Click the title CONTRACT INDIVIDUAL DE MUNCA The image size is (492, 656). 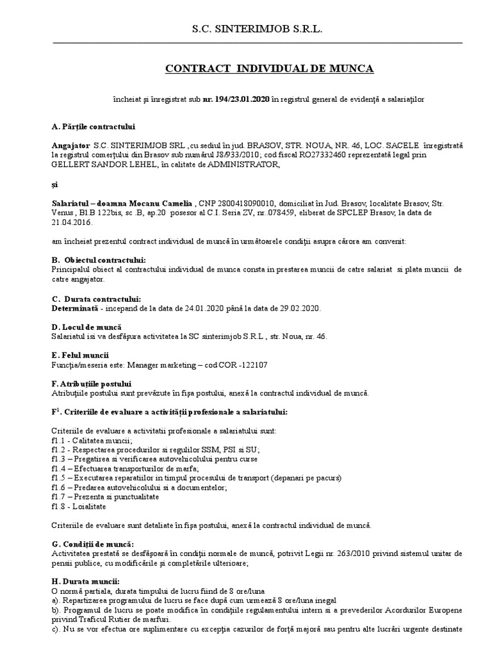pos(269,68)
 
